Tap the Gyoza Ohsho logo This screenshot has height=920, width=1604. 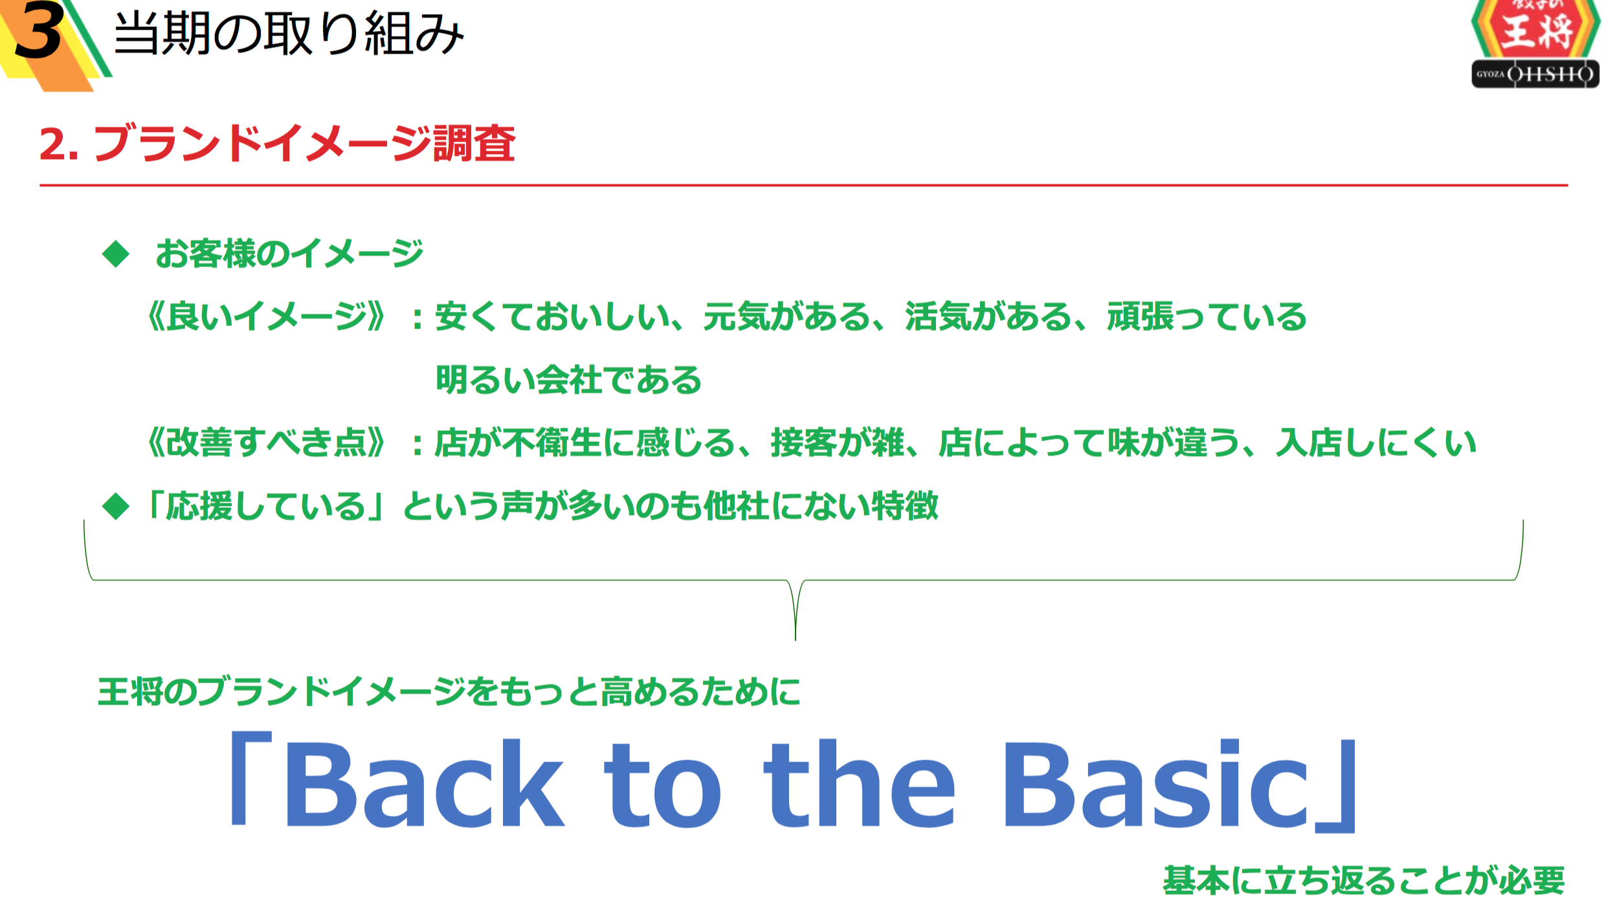[x=1534, y=43]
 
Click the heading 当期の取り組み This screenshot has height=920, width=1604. [x=289, y=34]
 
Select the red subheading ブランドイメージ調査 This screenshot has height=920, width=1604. [x=305, y=143]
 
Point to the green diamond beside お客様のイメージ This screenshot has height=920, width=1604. [x=116, y=254]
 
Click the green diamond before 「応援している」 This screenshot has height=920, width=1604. [x=116, y=506]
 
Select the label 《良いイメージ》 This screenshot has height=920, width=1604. [x=266, y=316]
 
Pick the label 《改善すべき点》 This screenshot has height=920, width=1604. [x=266, y=443]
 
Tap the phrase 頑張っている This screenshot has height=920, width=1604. [x=1207, y=316]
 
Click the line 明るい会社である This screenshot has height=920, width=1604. [x=568, y=380]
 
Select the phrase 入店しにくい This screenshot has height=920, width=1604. [x=1376, y=443]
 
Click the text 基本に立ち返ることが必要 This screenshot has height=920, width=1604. [x=1364, y=881]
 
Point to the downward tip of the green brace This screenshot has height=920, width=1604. [x=795, y=639]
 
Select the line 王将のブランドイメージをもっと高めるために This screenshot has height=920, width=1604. [x=449, y=692]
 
